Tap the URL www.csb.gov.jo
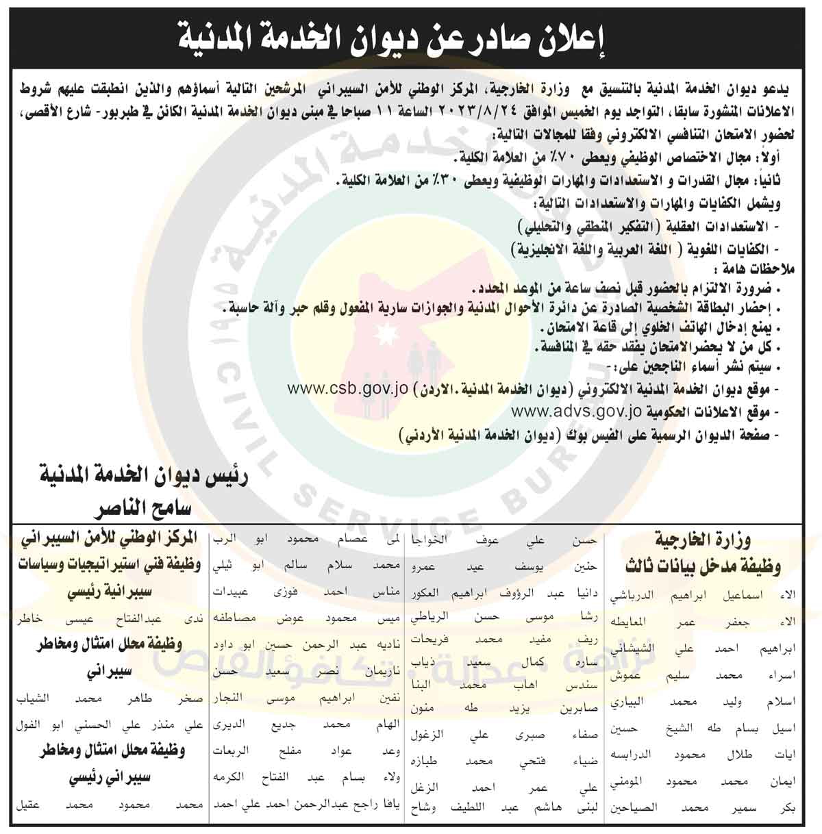pos(347,389)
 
